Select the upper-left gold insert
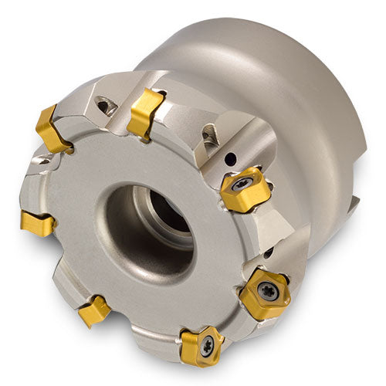click(x=52, y=130)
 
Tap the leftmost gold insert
click(x=37, y=224)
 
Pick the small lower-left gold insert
click(x=94, y=310)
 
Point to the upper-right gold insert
click(x=244, y=190)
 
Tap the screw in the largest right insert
click(x=266, y=292)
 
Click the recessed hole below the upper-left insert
click(x=45, y=163)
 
